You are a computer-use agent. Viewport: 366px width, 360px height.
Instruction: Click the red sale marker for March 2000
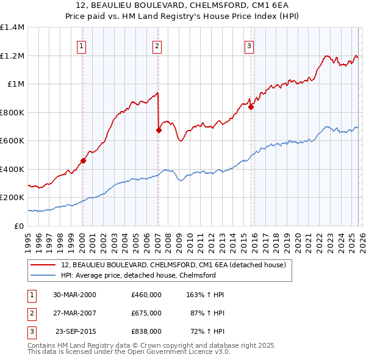coord(83,161)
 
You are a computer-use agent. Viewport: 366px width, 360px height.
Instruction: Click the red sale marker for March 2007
coord(159,130)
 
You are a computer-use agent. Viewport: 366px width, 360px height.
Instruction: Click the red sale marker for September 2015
coord(251,107)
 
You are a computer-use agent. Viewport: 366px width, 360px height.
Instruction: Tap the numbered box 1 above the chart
coord(82,45)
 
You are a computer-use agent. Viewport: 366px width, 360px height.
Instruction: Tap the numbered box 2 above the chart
coord(157,45)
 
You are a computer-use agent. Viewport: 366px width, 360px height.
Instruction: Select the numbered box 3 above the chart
coord(249,45)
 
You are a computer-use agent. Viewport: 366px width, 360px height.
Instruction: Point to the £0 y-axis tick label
coord(18,226)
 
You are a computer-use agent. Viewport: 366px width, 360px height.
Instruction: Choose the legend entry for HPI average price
coord(138,275)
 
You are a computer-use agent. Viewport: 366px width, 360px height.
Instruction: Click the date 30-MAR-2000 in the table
coord(74,295)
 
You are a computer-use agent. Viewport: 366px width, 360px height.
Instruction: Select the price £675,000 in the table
coord(146,313)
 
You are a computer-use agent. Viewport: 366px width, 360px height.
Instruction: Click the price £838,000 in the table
coord(146,331)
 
